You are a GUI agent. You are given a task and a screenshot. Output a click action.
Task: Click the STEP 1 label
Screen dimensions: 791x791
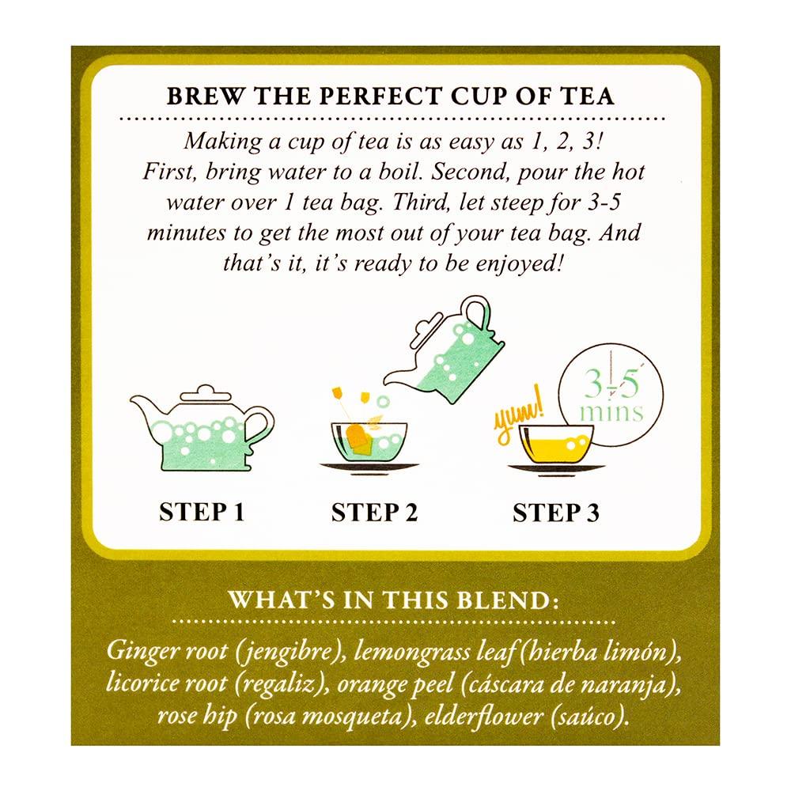pyautogui.click(x=202, y=512)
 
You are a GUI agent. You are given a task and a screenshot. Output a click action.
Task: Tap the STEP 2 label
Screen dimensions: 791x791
pyautogui.click(x=375, y=512)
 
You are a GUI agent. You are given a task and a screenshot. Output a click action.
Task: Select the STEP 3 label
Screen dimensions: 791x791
pyautogui.click(x=556, y=512)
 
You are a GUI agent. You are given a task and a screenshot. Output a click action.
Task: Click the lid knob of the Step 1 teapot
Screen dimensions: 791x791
pyautogui.click(x=206, y=391)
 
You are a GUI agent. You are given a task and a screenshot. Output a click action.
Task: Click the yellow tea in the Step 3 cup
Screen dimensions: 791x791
pyautogui.click(x=556, y=447)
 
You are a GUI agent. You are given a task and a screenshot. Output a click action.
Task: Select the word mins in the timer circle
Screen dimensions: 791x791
pyautogui.click(x=611, y=412)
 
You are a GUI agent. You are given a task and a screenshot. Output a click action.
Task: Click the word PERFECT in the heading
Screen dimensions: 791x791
pyautogui.click(x=380, y=96)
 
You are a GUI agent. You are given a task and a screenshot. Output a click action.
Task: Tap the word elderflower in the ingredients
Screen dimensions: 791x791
pyautogui.click(x=483, y=716)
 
